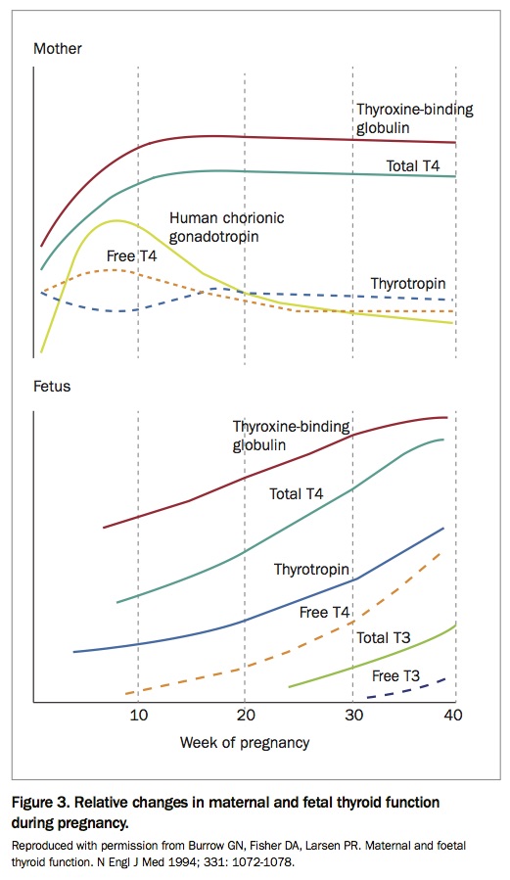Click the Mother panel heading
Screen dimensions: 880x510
coord(58,48)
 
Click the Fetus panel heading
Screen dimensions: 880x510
coord(53,386)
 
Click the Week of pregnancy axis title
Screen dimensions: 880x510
coord(245,742)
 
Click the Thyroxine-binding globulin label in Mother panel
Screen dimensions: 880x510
coord(414,117)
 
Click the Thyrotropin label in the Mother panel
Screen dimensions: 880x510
coord(409,284)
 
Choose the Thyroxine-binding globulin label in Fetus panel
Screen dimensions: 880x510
coord(291,436)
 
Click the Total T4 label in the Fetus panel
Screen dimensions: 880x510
coord(296,494)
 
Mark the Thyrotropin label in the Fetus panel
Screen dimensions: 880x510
coord(312,569)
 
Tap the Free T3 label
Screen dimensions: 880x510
coord(396,675)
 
